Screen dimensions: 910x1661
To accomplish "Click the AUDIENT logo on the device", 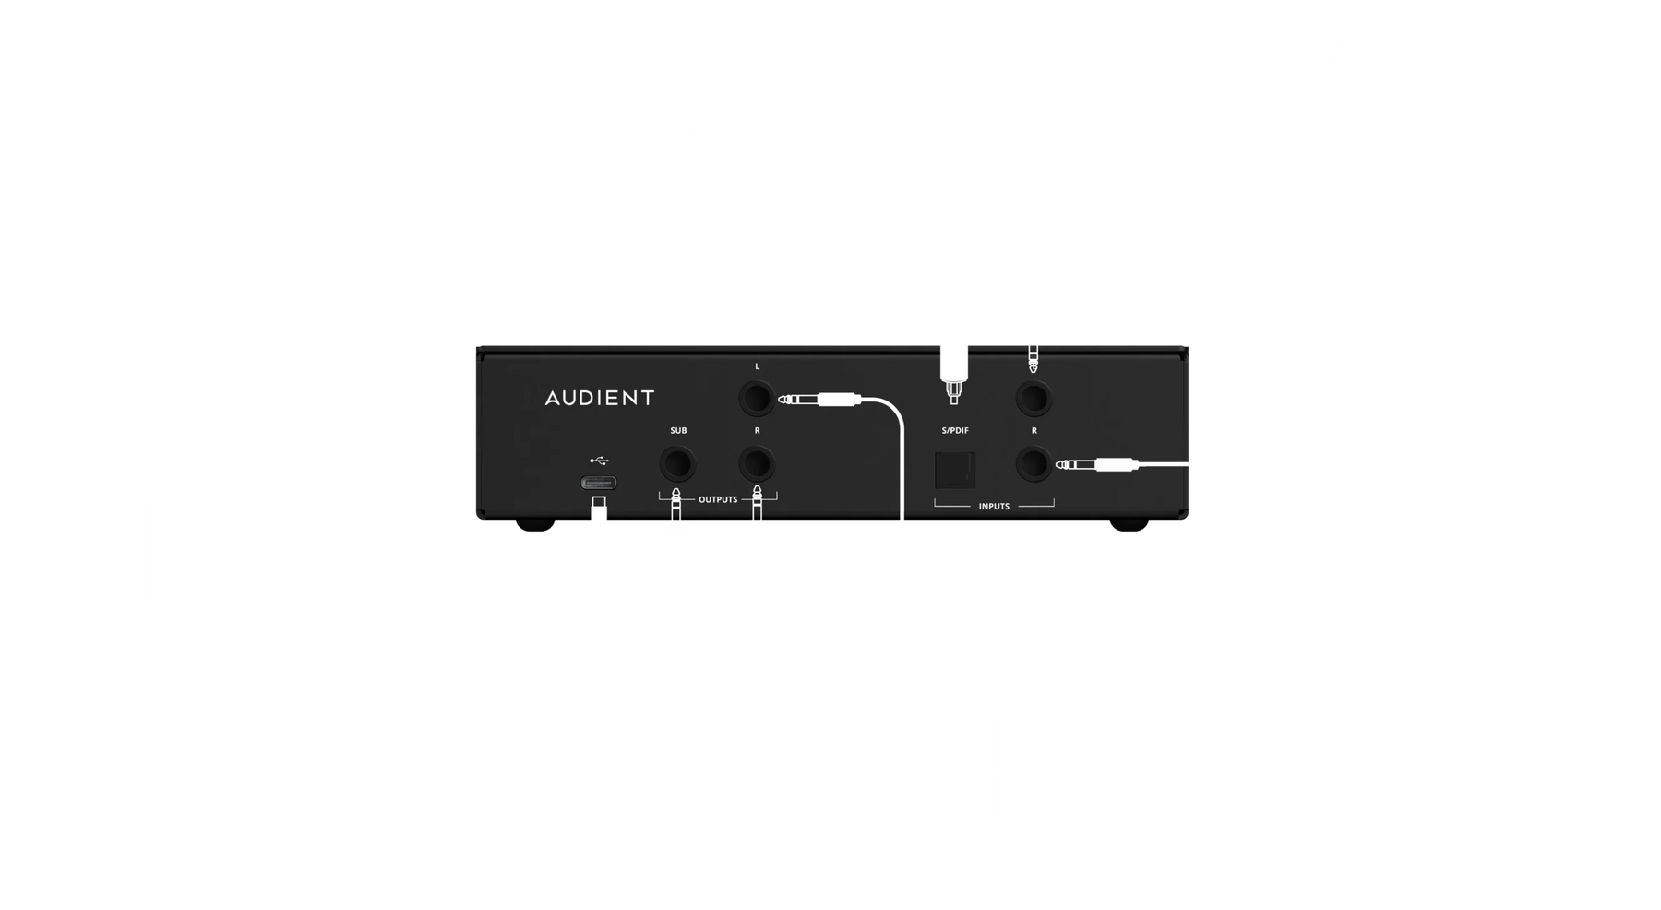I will pyautogui.click(x=599, y=398).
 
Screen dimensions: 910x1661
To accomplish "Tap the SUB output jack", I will pyautogui.click(x=678, y=461).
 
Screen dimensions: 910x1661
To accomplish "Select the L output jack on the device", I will pyautogui.click(x=757, y=400).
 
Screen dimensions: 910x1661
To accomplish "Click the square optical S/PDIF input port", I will pyautogui.click(x=954, y=470).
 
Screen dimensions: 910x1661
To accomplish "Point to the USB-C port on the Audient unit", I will pyautogui.click(x=598, y=483).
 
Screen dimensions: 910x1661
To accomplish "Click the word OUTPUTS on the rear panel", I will pyautogui.click(x=718, y=499).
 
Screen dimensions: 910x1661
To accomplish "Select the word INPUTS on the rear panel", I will pyautogui.click(x=994, y=506).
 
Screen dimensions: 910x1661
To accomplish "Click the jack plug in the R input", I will pyautogui.click(x=1098, y=466).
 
